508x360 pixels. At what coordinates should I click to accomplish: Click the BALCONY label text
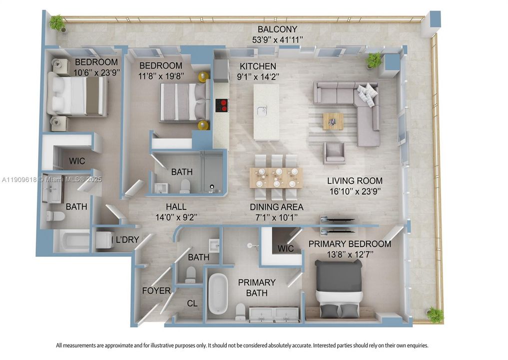(277, 29)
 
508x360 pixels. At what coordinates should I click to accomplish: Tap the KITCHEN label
(257, 66)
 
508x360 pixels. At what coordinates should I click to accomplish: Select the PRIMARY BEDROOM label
(349, 244)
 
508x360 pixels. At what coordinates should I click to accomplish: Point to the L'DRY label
(127, 239)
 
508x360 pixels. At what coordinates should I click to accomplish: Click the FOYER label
(156, 290)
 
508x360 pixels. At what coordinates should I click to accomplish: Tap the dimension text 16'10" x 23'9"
(355, 190)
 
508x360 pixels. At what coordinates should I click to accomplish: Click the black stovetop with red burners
(222, 105)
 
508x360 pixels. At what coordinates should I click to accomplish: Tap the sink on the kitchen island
(261, 110)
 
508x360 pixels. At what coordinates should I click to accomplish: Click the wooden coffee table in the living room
(333, 121)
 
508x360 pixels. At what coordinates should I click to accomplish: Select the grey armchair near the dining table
(334, 152)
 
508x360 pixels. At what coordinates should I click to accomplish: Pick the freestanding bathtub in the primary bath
(218, 294)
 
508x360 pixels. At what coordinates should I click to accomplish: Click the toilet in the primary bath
(240, 311)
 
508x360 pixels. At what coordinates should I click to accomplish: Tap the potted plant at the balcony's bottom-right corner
(435, 314)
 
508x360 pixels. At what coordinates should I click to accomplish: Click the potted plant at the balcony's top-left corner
(57, 22)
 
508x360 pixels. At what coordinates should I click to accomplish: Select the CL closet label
(192, 303)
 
